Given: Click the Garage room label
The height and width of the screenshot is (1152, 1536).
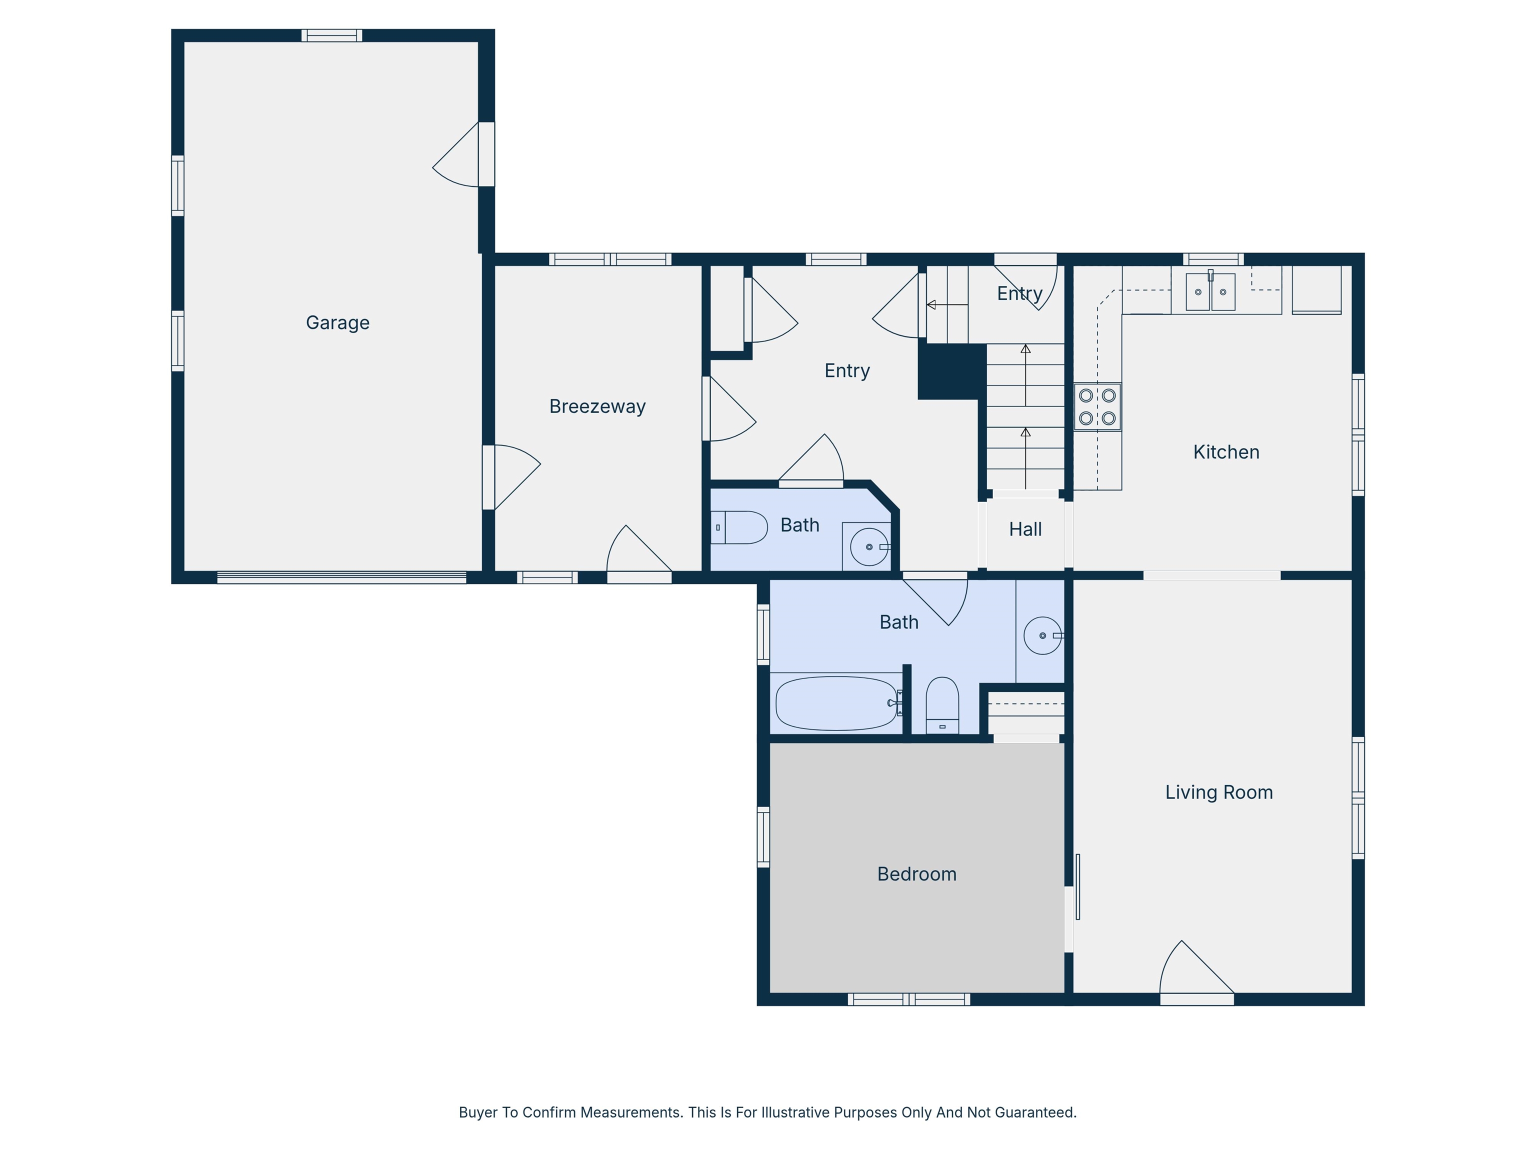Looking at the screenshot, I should click(x=337, y=323).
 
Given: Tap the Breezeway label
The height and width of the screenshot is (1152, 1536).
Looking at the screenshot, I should click(x=597, y=406).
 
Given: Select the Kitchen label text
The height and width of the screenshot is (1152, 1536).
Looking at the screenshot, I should click(x=1225, y=452).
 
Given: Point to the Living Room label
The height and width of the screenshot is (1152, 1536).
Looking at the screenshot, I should click(x=1218, y=792).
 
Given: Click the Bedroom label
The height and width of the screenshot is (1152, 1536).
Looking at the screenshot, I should click(x=916, y=874).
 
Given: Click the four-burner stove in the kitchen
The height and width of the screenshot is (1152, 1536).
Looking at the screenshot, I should click(x=1097, y=407).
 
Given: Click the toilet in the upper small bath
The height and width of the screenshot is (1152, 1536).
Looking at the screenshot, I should click(x=739, y=527).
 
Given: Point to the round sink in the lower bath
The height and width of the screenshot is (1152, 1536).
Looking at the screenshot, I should click(x=1042, y=635).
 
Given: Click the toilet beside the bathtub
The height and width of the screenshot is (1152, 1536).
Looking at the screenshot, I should click(x=942, y=705).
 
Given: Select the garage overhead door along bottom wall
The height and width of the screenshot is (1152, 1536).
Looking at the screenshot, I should click(x=341, y=577).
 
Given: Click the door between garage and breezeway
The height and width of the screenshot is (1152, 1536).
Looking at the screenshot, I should click(x=510, y=477).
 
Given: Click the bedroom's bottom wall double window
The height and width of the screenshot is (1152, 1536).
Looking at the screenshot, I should click(x=908, y=999).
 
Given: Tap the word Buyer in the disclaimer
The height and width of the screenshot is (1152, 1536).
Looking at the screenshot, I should click(x=477, y=1112).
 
